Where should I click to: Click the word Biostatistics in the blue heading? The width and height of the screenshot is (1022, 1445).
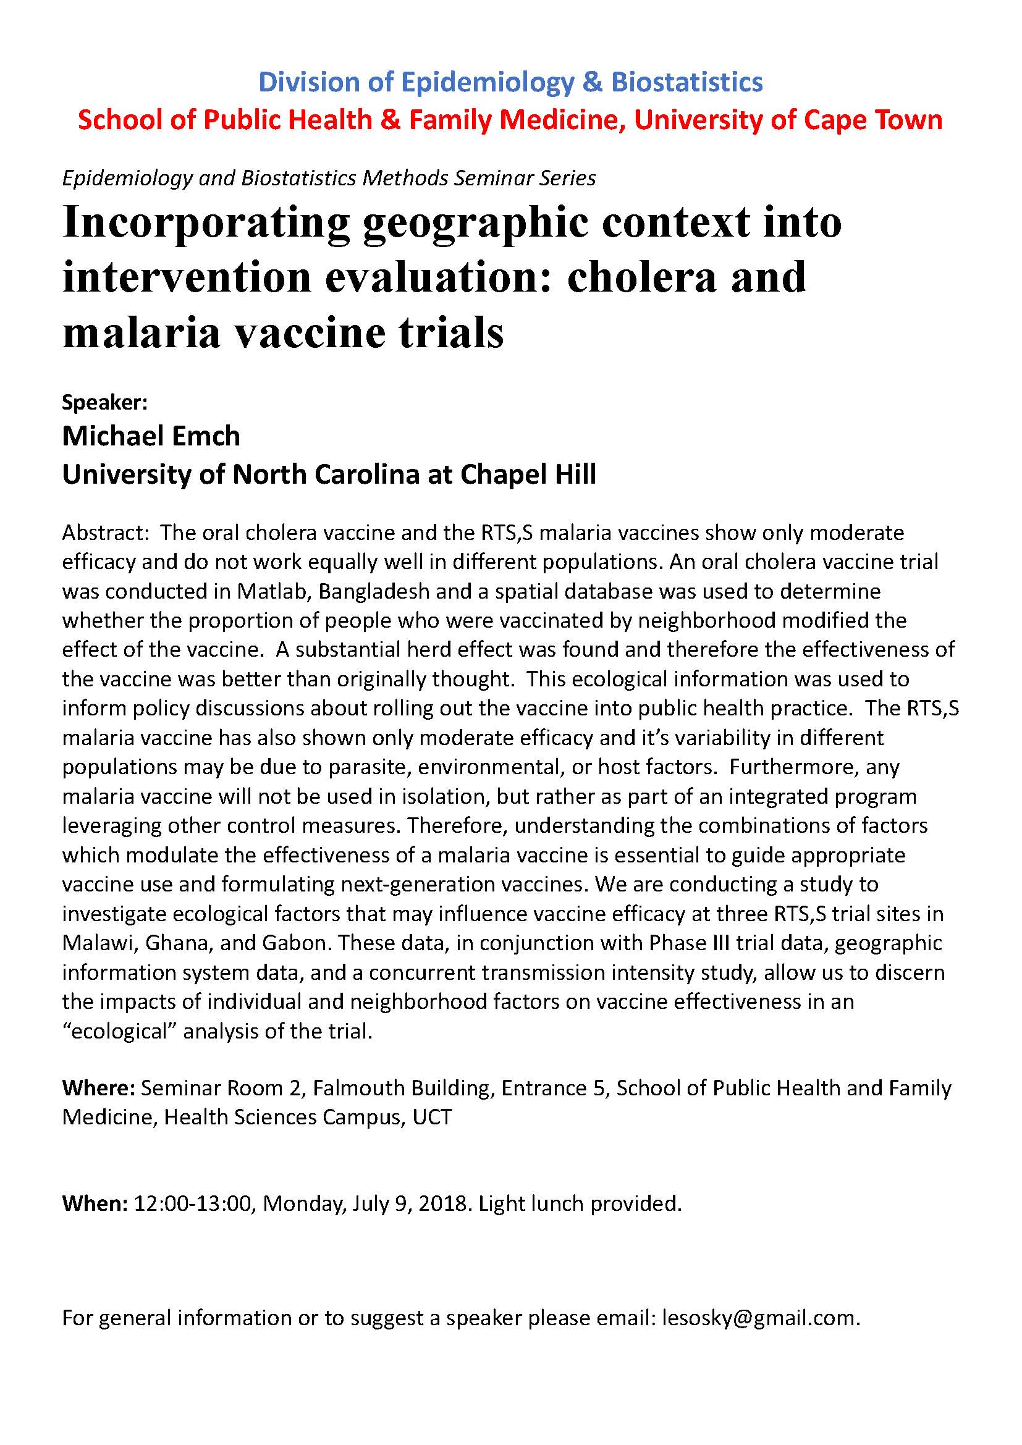click(687, 82)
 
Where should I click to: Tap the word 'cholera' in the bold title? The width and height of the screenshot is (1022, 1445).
click(641, 277)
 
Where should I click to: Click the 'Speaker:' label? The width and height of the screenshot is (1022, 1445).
click(104, 402)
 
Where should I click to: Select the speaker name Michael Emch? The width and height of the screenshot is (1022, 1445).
click(151, 436)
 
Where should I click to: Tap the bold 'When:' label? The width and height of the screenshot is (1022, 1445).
click(95, 1203)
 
